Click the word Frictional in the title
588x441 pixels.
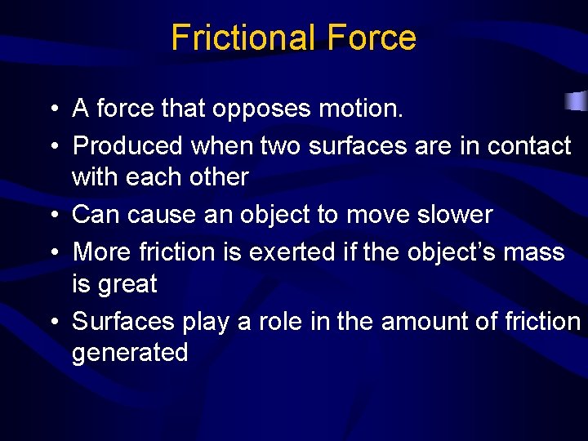[243, 38]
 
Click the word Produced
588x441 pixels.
[127, 145]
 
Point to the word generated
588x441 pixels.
[130, 354]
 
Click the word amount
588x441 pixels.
[422, 322]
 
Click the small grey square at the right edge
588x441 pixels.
[577, 102]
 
